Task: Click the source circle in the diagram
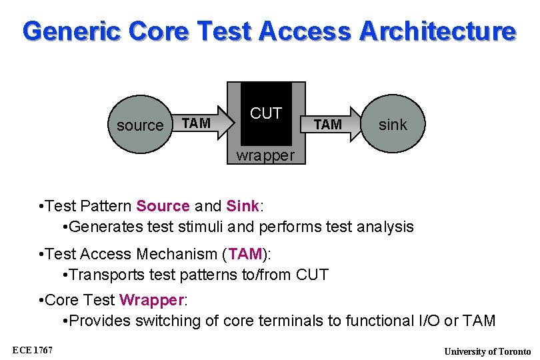click(140, 125)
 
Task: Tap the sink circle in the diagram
click(392, 124)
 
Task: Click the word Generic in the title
click(73, 31)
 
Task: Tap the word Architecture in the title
click(437, 31)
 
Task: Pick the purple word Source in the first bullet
click(163, 205)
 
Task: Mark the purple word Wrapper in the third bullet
click(151, 300)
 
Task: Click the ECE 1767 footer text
click(33, 351)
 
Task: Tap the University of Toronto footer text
click(487, 351)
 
